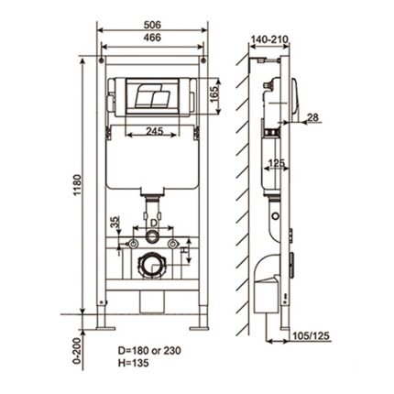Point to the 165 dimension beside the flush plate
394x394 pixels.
click(x=217, y=93)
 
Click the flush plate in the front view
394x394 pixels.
click(x=151, y=96)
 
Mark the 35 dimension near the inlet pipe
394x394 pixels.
click(x=115, y=224)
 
